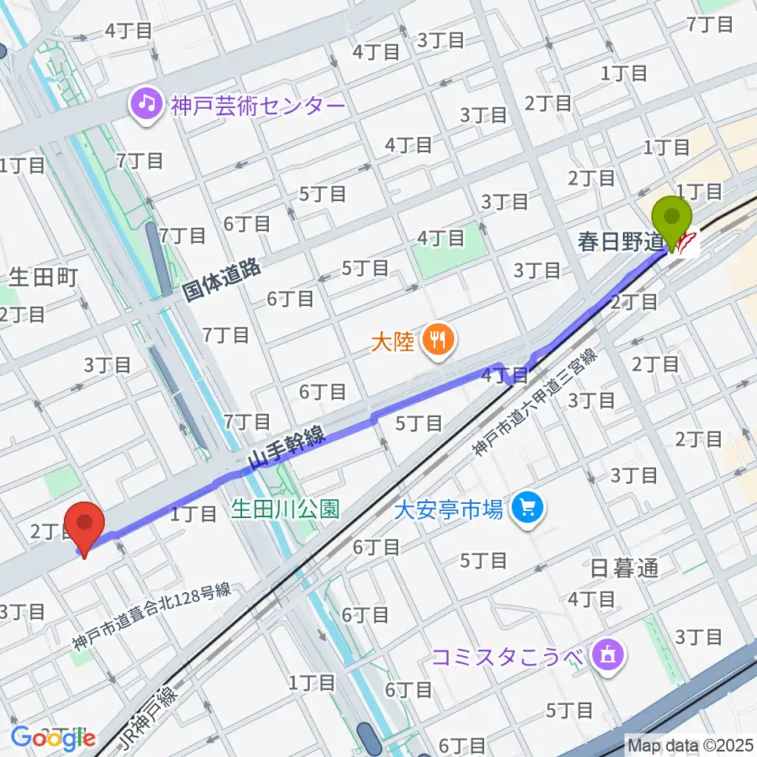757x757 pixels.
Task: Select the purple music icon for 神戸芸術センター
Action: [146, 104]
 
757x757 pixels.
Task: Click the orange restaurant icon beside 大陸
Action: [435, 341]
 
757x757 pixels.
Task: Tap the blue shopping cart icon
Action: [527, 511]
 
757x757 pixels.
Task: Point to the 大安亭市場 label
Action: [449, 510]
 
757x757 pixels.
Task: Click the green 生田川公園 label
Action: [285, 509]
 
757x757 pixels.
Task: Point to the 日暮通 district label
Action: [624, 569]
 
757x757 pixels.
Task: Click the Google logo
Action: [53, 739]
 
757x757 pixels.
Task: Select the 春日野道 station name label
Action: [617, 241]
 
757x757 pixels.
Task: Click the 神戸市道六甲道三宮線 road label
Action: [535, 403]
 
